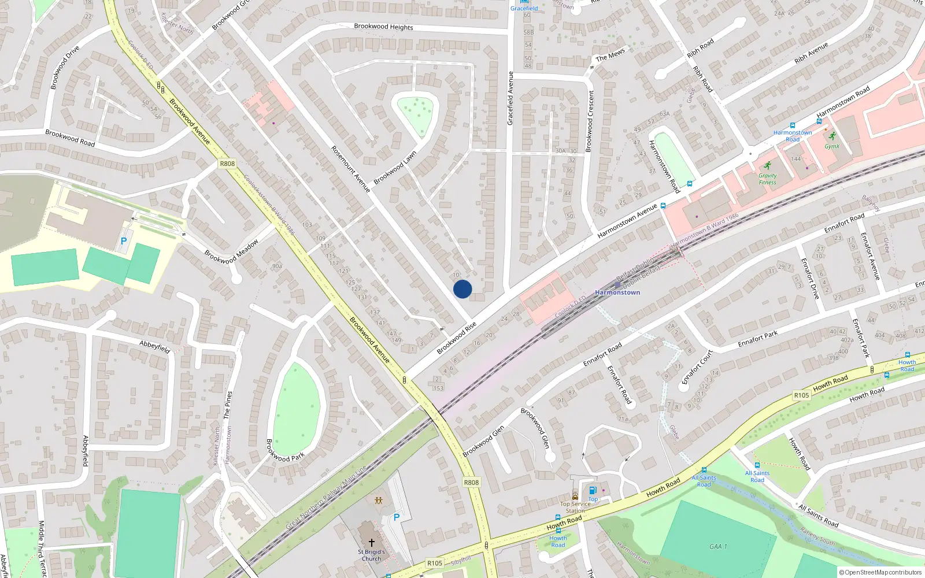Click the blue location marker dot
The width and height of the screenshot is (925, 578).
tap(462, 289)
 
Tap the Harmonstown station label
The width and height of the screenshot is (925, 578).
tap(617, 292)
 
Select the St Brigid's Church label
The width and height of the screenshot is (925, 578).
tap(371, 555)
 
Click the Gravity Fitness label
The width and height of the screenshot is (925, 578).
tap(768, 179)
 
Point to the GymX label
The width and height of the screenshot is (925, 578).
tap(832, 146)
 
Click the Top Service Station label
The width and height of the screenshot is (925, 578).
tap(575, 507)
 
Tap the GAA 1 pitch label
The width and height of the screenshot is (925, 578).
tap(718, 546)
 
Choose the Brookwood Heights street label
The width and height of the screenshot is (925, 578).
tap(383, 27)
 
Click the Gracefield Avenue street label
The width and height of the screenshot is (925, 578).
tap(510, 98)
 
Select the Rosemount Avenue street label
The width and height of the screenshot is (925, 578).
tap(350, 169)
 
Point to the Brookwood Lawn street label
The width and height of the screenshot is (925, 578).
tap(395, 168)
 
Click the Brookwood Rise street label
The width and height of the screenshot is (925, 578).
tap(457, 338)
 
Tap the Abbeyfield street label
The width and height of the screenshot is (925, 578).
tap(155, 347)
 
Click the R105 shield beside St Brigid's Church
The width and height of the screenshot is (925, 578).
tap(435, 563)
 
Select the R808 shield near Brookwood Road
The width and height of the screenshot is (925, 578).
tap(227, 164)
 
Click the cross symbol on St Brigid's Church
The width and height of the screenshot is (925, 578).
tap(371, 542)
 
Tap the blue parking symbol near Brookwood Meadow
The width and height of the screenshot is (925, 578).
tap(123, 241)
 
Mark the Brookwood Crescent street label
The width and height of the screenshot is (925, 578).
tap(590, 121)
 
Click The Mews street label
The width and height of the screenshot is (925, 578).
tap(610, 55)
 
